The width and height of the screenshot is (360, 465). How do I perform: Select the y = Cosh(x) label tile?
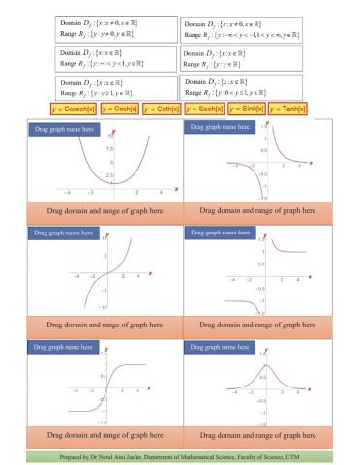118,108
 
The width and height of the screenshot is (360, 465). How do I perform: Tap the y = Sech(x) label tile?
204,108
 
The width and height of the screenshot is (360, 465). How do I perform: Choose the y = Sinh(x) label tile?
247,108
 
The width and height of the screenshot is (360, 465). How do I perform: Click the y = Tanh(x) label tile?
289,108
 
